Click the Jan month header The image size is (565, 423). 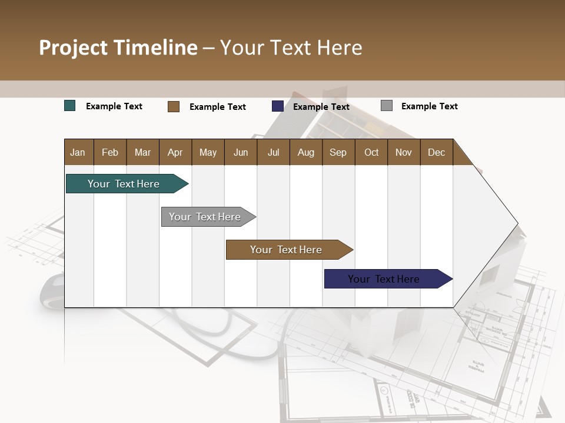[x=78, y=152]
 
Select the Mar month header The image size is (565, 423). [x=142, y=152]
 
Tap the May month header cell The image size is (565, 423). [x=208, y=152]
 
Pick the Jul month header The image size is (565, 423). [x=273, y=152]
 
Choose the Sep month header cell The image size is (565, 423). [x=338, y=152]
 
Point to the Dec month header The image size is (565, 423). [x=436, y=152]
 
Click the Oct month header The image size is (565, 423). [x=371, y=152]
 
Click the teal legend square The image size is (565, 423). [x=70, y=106]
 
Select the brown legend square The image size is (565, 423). [x=174, y=106]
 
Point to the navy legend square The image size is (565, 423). [x=278, y=106]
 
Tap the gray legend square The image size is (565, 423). [x=387, y=106]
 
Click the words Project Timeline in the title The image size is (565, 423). [x=118, y=48]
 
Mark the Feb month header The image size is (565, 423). [x=110, y=152]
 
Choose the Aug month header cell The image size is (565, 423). [x=305, y=152]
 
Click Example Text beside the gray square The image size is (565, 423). [x=429, y=106]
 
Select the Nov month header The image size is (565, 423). [x=404, y=152]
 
